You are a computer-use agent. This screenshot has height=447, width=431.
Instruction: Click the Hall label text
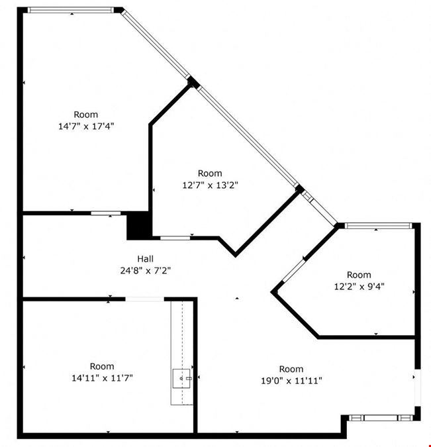point(146,259)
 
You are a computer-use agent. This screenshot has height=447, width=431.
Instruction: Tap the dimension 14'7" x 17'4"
point(86,126)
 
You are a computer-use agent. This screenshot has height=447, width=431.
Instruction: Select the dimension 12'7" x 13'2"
point(210,185)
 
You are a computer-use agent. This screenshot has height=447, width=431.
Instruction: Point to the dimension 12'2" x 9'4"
point(359,286)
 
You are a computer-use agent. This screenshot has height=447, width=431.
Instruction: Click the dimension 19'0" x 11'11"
point(291,381)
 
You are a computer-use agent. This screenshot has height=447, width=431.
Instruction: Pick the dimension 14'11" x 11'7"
point(102,378)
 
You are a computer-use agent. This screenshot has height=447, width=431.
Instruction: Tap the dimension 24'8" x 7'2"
point(146,270)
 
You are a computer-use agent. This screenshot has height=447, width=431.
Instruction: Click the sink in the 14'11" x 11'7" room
point(181,378)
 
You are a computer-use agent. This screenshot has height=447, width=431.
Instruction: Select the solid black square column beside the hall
point(139,225)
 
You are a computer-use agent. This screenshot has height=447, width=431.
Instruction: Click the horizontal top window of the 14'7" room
point(71,10)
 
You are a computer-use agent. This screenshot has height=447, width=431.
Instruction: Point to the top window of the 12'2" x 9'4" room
point(378,226)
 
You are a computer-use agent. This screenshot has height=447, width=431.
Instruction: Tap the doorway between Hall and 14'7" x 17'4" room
point(106,213)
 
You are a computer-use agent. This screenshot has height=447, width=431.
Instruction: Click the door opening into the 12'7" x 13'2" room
point(175,238)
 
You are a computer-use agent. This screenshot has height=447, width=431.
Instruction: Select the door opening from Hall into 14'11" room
point(145,299)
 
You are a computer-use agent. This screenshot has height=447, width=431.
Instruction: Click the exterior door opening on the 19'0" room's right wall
point(417,388)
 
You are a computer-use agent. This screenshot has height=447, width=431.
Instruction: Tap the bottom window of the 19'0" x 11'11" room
point(381,418)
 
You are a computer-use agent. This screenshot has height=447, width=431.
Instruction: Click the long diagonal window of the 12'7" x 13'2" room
point(248,137)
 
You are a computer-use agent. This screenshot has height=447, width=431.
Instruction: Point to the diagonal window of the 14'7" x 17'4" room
point(156,44)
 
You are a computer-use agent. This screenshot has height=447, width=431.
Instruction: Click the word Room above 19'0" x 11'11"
point(291,369)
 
